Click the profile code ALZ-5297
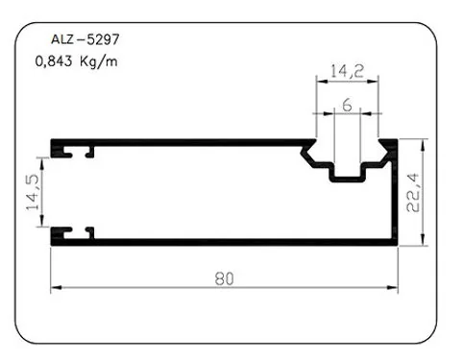point(85,39)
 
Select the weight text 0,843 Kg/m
point(76,60)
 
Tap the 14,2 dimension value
point(347,71)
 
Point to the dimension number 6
point(347,105)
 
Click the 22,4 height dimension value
point(412,192)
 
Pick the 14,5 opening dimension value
point(33,192)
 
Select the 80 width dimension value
point(224,278)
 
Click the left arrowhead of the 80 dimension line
point(56,287)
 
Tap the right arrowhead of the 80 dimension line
point(392,287)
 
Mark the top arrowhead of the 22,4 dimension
point(424,145)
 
